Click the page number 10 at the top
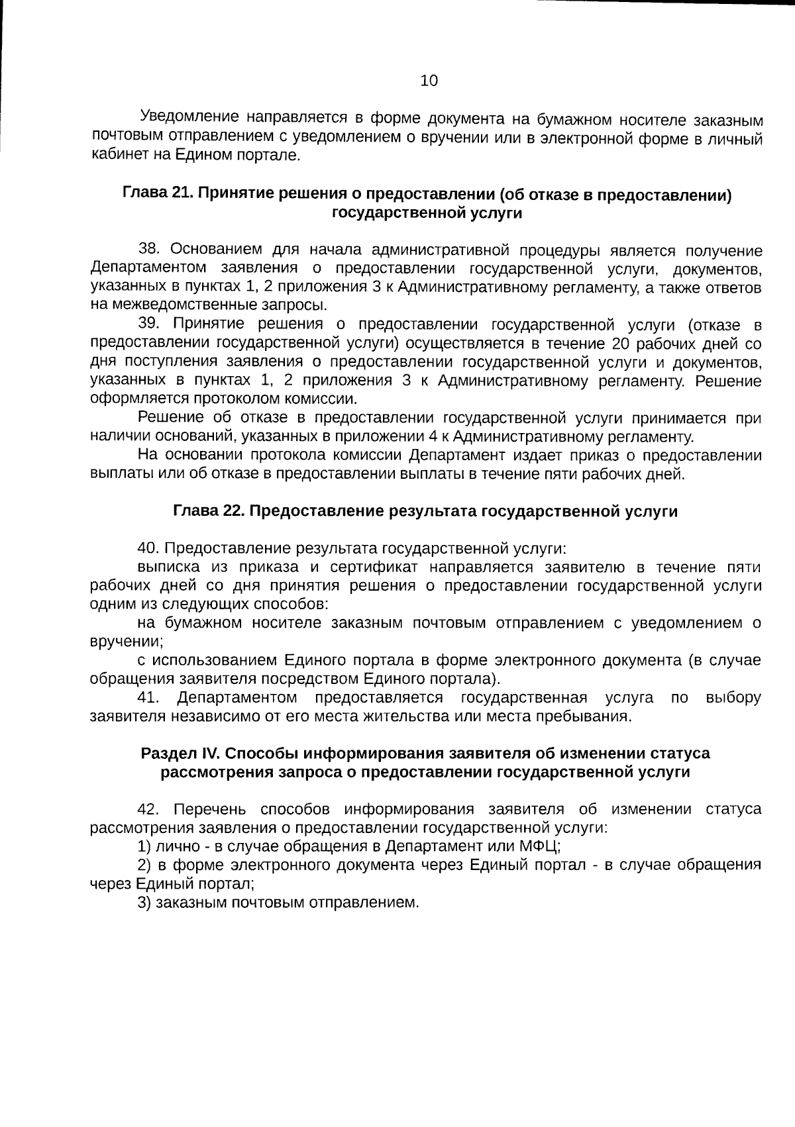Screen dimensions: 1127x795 (x=429, y=81)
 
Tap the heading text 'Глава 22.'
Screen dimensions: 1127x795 (x=208, y=512)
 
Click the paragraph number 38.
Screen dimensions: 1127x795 (x=149, y=250)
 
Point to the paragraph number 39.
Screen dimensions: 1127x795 (x=149, y=324)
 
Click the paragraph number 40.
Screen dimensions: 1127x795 (x=148, y=549)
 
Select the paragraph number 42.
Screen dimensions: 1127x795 (x=149, y=809)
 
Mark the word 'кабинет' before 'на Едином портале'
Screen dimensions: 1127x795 (x=115, y=156)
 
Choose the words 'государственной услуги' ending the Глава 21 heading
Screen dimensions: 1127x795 (x=427, y=213)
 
